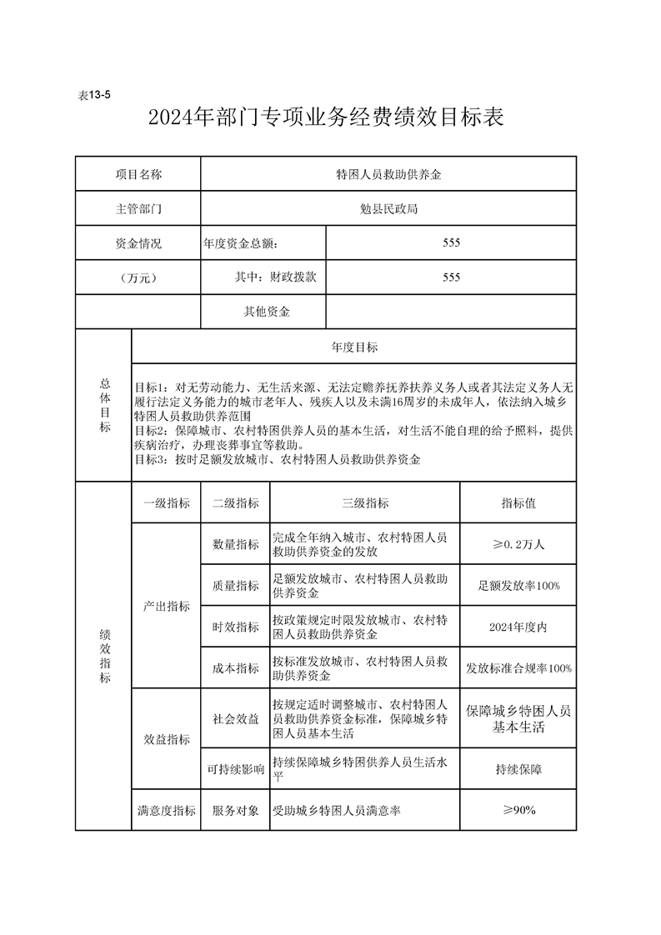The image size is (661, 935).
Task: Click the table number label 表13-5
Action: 94,95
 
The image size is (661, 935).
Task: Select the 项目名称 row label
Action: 138,174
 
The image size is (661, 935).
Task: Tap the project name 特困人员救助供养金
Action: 388,174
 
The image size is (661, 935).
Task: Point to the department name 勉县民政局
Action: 388,208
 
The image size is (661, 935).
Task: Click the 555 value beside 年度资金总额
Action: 451,242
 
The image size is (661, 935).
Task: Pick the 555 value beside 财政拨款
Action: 451,277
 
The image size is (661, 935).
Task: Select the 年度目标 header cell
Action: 354,347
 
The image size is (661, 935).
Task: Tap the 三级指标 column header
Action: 365,503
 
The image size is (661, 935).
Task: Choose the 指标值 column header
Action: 518,503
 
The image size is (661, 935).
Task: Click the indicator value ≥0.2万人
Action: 518,544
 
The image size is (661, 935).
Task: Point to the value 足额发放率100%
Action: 518,586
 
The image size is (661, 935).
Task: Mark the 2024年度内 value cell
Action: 518,627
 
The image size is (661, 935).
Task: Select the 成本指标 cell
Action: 236,668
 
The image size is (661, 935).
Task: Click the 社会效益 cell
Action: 236,718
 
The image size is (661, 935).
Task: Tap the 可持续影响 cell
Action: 236,769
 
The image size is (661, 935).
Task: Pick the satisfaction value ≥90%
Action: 518,810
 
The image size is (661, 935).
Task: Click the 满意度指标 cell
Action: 167,810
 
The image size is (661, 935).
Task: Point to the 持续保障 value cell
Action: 518,769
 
